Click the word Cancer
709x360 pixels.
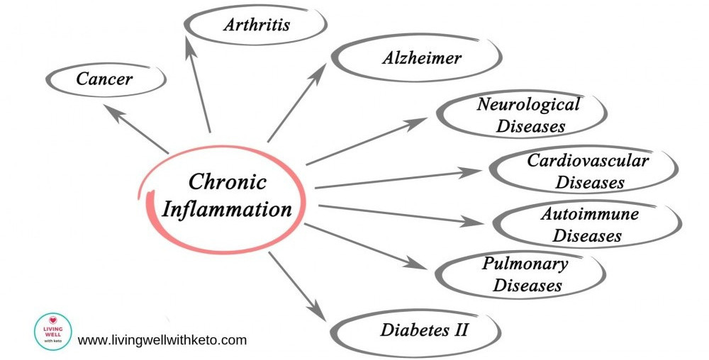pyautogui.click(x=104, y=78)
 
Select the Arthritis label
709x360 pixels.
pyautogui.click(x=257, y=26)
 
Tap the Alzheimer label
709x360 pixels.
pyautogui.click(x=421, y=58)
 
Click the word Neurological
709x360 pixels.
pyautogui.click(x=527, y=105)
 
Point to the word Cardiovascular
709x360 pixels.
pyautogui.click(x=588, y=160)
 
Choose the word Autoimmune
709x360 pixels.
pyautogui.click(x=589, y=213)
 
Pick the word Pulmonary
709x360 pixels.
pyautogui.click(x=525, y=264)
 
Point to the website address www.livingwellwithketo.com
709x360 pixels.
pyautogui.click(x=162, y=340)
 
